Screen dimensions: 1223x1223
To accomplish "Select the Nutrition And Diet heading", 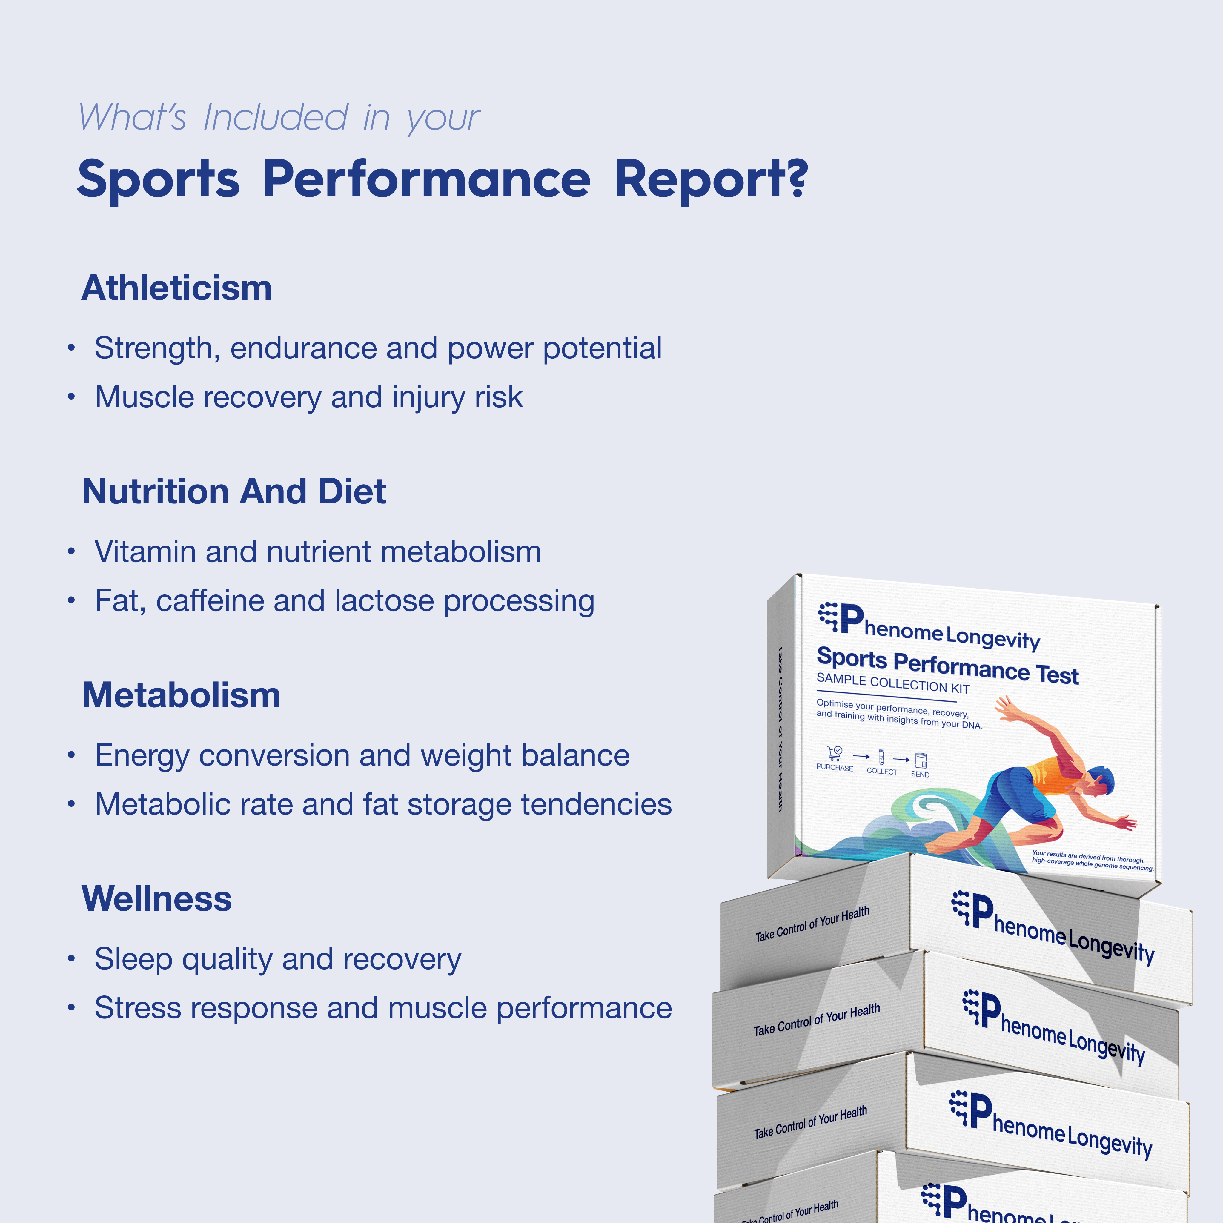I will [233, 492].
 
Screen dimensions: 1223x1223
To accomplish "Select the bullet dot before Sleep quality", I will [72, 959].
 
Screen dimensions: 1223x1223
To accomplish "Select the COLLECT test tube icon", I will [881, 757].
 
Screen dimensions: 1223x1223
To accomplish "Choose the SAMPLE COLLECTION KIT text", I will [892, 684].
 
